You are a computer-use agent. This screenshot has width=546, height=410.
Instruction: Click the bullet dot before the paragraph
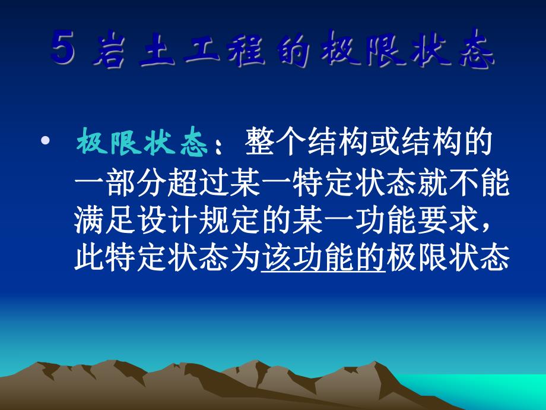pyautogui.click(x=46, y=143)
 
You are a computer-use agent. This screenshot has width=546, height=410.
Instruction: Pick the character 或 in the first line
pyautogui.click(x=374, y=143)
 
